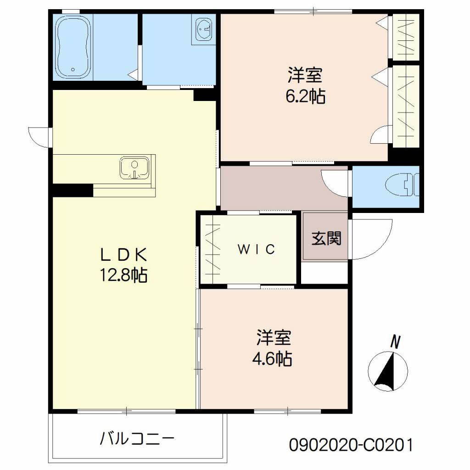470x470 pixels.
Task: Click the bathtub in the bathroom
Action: point(73,48)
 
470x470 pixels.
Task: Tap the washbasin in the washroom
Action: point(204,29)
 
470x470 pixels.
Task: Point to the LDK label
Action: point(123,255)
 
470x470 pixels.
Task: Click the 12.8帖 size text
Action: point(123,275)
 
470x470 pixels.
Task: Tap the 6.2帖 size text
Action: point(305,96)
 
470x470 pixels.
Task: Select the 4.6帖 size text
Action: point(272,358)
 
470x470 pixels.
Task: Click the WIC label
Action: point(256,249)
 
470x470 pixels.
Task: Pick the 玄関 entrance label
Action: point(326,239)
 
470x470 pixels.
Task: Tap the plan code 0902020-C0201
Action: point(351,445)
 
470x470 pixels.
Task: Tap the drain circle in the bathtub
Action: point(73,70)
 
